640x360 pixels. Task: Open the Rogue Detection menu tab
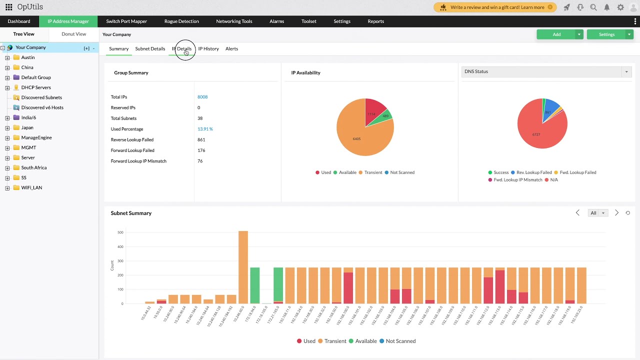[181, 21]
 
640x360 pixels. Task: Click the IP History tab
[208, 48]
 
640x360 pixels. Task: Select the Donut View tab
[73, 34]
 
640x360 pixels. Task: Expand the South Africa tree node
[7, 168]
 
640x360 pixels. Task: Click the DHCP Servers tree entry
[35, 87]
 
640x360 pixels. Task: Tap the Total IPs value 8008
[202, 97]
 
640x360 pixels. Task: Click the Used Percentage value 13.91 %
[204, 129]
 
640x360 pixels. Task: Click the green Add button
[556, 34]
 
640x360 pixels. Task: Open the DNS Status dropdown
[546, 71]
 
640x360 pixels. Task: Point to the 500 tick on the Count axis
[120, 232]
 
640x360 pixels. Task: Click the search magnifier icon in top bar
[593, 7]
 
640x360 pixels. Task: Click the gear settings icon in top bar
[620, 7]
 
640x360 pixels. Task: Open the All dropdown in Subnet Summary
[597, 213]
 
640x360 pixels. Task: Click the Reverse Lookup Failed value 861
[201, 139]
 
